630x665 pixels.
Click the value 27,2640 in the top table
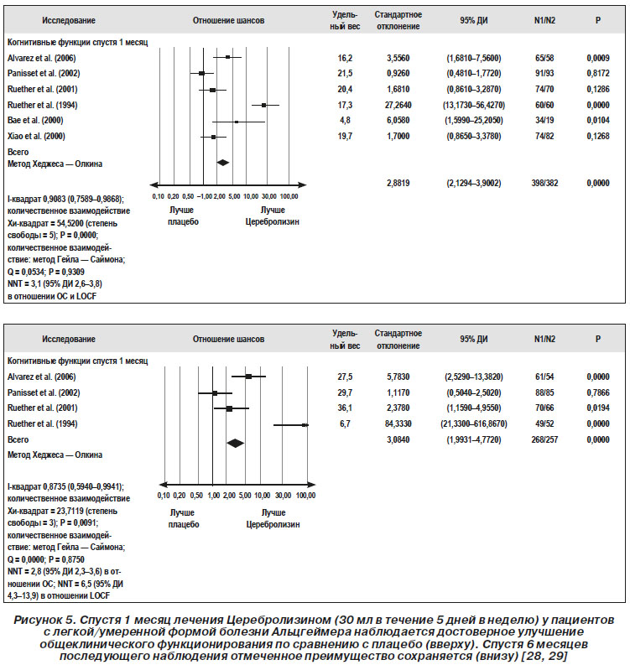tap(398, 105)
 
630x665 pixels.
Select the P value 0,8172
tap(598, 73)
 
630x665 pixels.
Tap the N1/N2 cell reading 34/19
tap(544, 121)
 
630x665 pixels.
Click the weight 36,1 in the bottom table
tap(345, 408)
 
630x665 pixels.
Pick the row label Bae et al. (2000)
tap(35, 121)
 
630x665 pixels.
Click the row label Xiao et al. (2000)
tap(36, 136)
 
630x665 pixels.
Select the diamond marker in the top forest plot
tap(223, 163)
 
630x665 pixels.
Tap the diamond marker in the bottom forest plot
tap(236, 443)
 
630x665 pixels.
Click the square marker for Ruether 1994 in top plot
tap(264, 105)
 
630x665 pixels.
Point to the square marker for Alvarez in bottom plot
tap(248, 377)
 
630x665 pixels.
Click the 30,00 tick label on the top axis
tap(269, 197)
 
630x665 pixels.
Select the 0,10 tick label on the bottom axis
tap(164, 496)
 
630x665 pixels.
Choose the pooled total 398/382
tap(544, 183)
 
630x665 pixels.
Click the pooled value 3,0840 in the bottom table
tap(398, 439)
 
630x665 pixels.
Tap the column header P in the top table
tap(598, 20)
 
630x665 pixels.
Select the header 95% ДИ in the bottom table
tap(473, 340)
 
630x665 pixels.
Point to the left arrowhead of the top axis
tap(154, 185)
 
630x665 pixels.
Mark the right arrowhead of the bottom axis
tap(311, 485)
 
